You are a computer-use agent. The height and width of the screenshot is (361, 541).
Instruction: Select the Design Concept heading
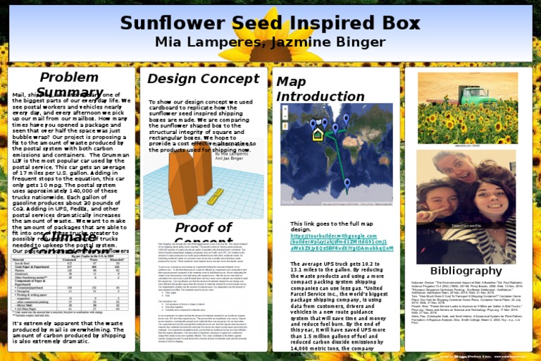(193, 78)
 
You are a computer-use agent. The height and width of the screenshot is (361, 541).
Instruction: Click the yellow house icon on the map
(318, 134)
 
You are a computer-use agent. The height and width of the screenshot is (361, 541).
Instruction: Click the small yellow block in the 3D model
(216, 195)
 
